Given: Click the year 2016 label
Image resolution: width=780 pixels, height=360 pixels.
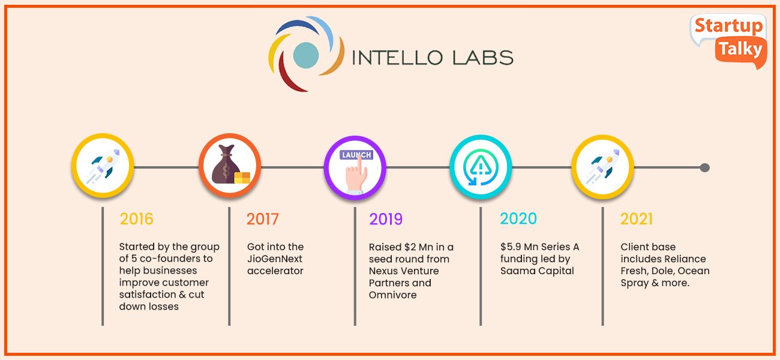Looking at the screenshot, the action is [x=137, y=219].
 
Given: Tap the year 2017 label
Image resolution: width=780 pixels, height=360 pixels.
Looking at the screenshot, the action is [x=263, y=219].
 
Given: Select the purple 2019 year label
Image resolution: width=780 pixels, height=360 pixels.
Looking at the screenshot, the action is [x=386, y=220].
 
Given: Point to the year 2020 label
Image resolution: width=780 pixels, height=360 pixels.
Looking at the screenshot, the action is [x=518, y=218].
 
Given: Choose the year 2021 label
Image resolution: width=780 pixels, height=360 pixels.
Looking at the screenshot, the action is [x=637, y=219].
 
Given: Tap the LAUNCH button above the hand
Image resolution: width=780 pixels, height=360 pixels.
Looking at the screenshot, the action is [x=356, y=155].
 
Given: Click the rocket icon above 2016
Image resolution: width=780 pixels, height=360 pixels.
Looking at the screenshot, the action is [x=103, y=166].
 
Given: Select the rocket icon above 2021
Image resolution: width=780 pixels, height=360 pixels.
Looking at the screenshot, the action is [x=602, y=166].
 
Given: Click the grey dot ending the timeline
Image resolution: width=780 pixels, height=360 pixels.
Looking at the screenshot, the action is [x=705, y=168].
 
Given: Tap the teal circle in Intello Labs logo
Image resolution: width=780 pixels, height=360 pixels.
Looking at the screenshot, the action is [x=306, y=55].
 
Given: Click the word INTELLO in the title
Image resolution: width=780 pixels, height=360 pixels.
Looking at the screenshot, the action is [x=397, y=58].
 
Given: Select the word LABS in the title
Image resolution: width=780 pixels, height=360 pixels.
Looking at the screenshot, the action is [x=483, y=58].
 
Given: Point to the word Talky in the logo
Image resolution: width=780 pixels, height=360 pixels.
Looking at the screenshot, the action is [x=740, y=49].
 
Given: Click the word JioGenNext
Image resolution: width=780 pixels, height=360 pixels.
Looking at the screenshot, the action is [x=275, y=259].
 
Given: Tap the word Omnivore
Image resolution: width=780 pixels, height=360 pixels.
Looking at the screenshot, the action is [x=393, y=295].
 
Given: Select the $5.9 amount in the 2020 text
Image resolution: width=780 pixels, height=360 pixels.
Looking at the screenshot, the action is [x=511, y=247].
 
